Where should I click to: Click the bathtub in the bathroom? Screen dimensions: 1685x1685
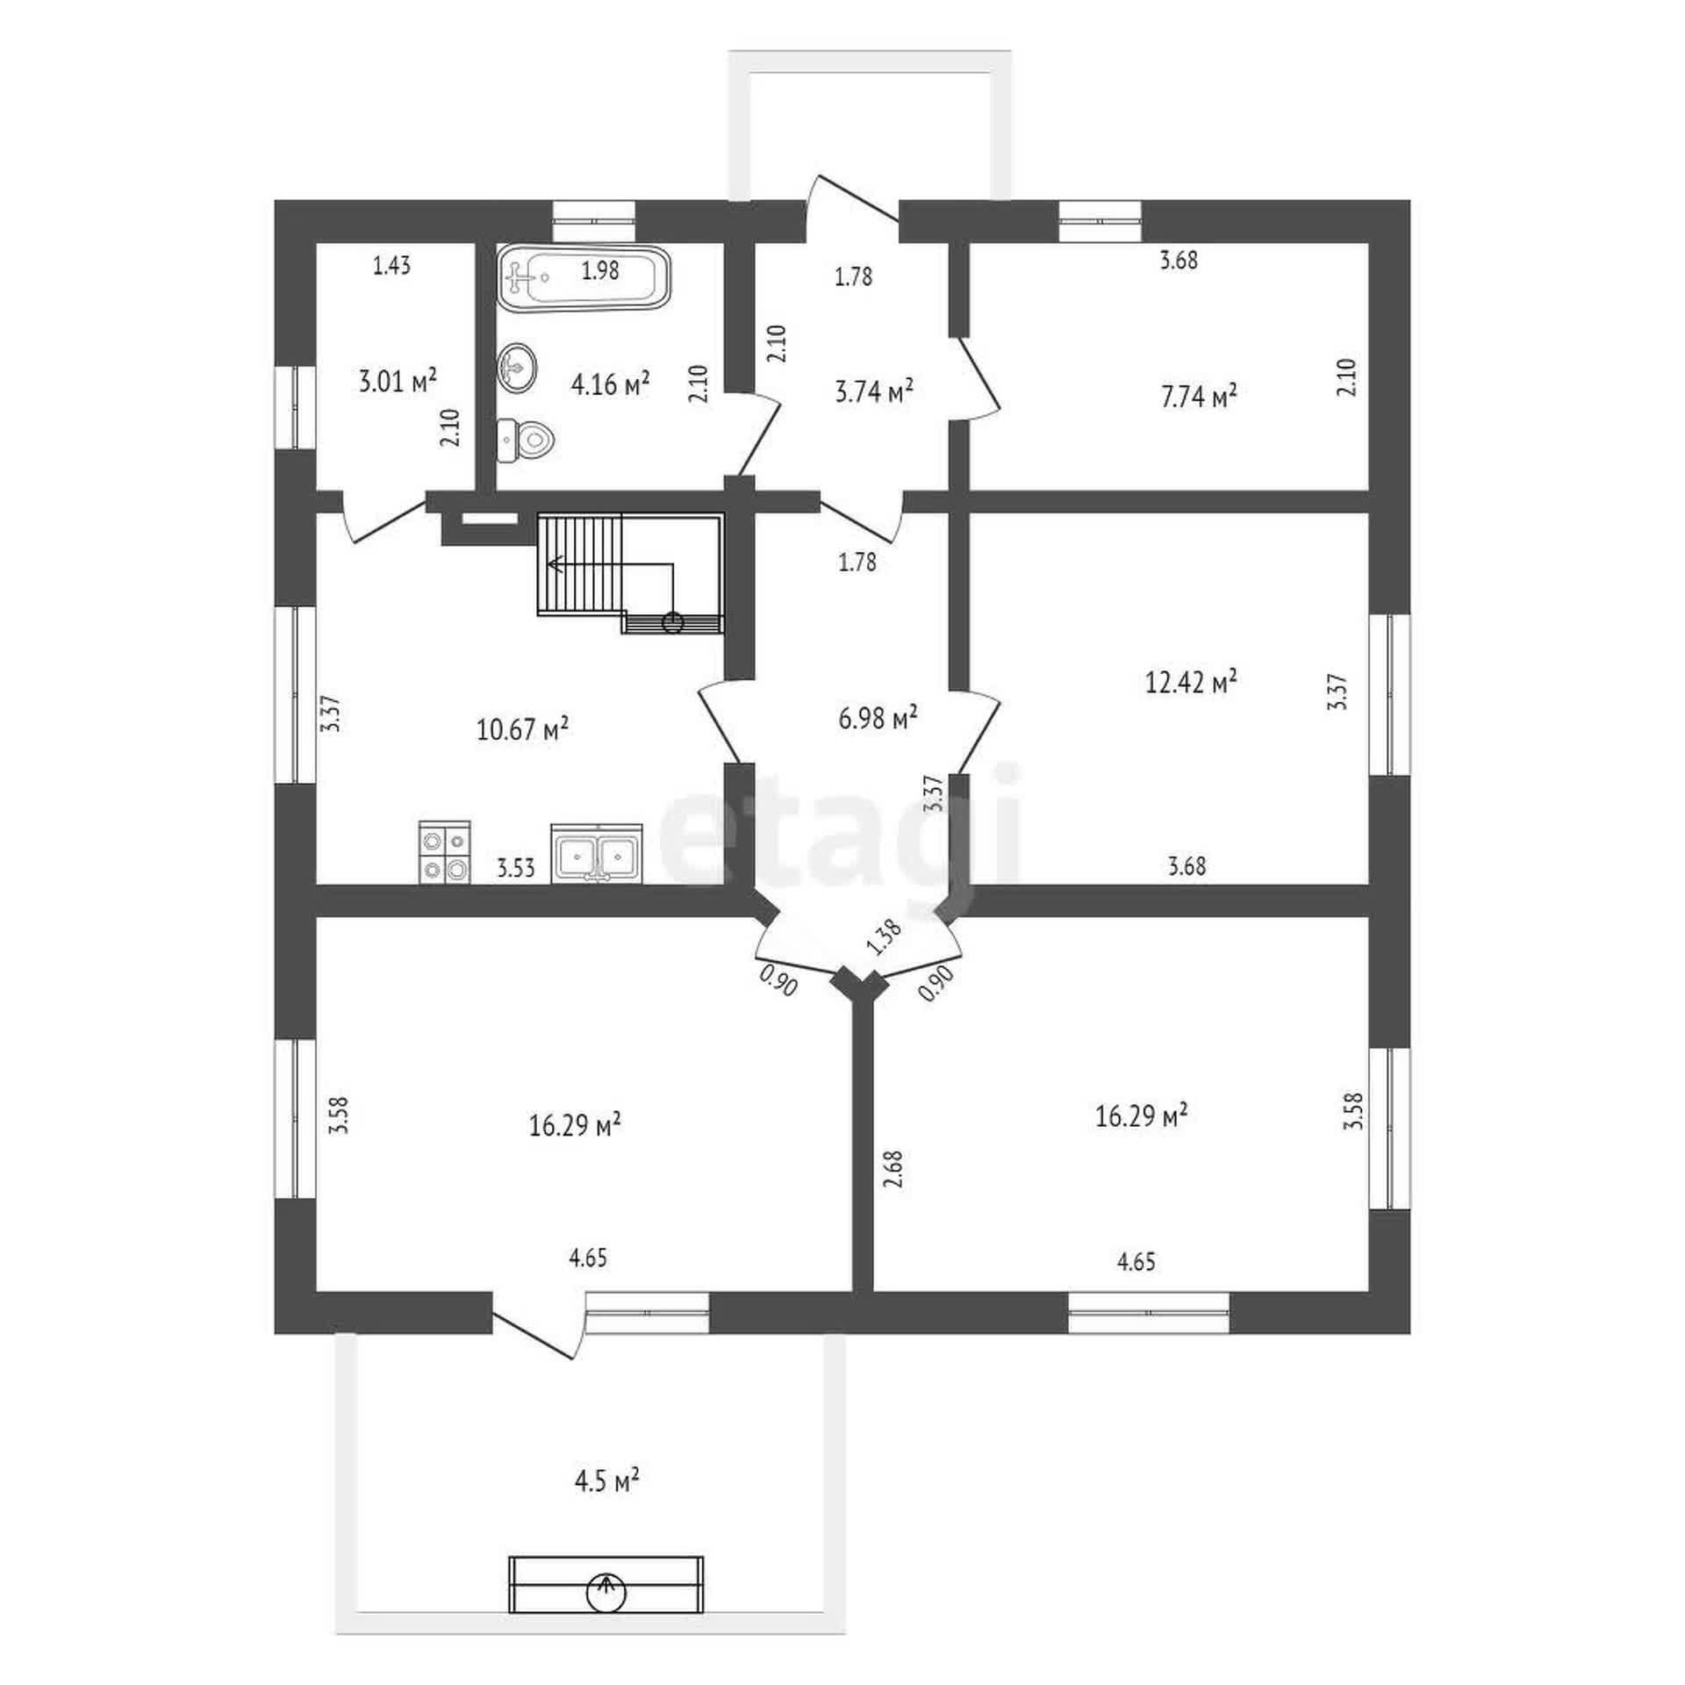(x=584, y=277)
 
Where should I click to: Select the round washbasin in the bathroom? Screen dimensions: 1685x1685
(x=518, y=365)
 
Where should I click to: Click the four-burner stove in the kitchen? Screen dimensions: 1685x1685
(x=444, y=851)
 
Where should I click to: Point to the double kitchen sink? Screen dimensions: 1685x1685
(x=597, y=853)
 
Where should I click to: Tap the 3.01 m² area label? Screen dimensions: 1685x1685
(x=398, y=381)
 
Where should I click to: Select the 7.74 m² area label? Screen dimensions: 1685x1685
(x=1200, y=398)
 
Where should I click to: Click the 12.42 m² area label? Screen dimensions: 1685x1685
(x=1192, y=682)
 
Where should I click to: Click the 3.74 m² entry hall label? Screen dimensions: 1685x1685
(x=874, y=391)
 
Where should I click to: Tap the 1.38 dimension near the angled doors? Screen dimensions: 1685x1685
(x=884, y=937)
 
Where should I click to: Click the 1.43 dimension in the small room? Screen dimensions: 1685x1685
(x=392, y=266)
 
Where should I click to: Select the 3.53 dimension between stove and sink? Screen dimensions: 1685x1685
(x=516, y=869)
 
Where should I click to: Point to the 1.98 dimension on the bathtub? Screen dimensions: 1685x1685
(x=600, y=271)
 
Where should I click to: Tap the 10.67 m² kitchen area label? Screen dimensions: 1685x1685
(x=523, y=729)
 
